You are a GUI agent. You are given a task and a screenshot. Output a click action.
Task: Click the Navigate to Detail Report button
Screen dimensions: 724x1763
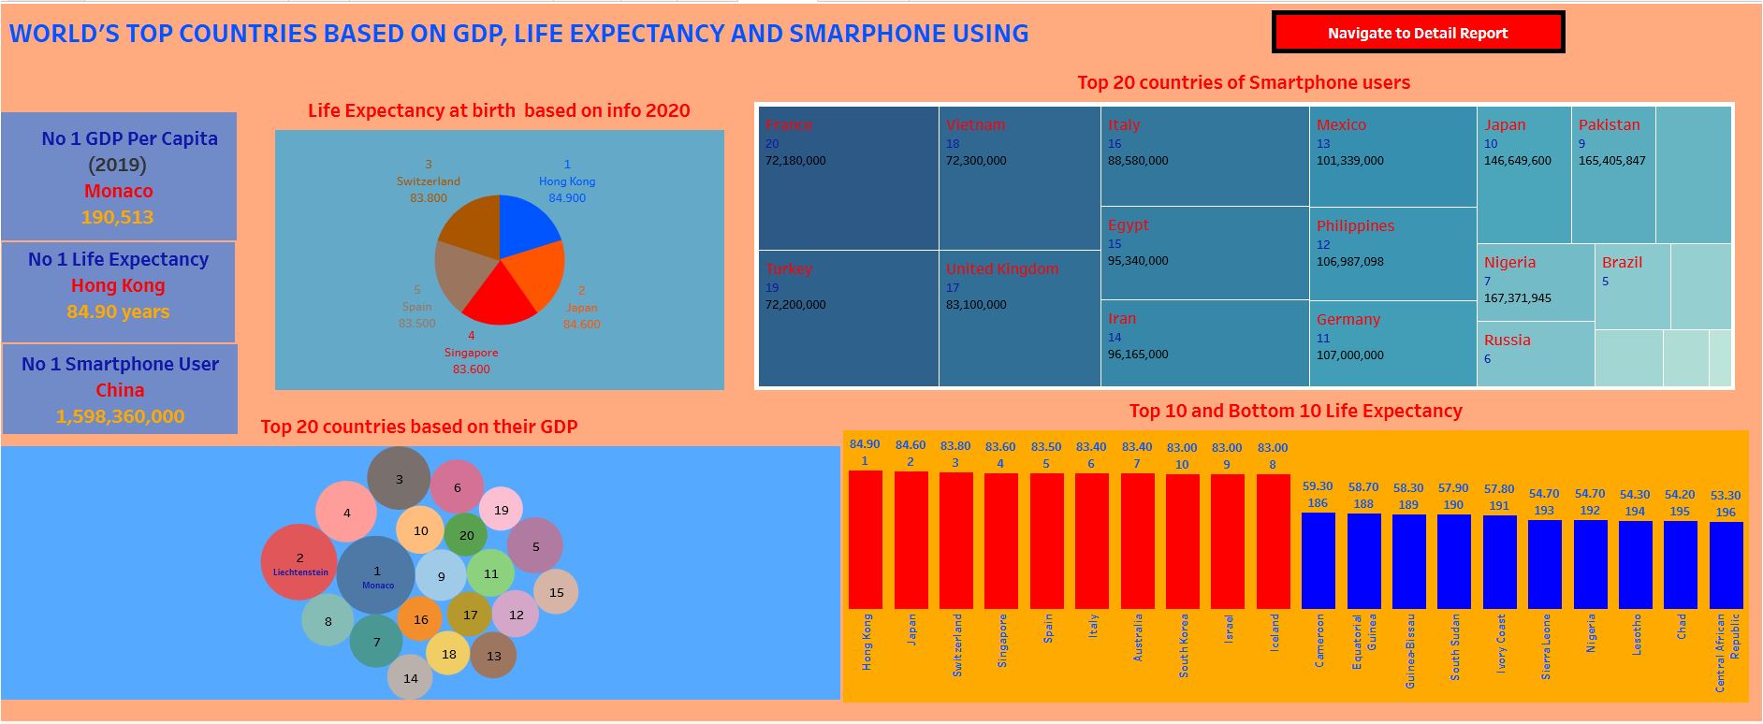1418,33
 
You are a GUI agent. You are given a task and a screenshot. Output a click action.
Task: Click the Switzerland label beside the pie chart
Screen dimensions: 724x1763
429,181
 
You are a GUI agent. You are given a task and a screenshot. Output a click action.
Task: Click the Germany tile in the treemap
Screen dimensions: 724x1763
1392,342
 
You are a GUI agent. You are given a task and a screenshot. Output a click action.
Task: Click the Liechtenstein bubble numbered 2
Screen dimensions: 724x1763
299,562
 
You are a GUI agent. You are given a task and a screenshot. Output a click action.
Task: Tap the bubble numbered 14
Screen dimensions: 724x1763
410,678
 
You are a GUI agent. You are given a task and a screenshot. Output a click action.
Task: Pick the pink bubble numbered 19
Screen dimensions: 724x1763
502,510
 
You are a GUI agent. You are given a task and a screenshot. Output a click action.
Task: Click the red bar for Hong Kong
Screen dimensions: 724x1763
865,540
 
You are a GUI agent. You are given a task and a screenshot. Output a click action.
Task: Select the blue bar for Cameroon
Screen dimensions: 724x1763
1318,560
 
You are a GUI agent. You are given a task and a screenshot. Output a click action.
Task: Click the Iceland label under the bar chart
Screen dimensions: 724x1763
1274,631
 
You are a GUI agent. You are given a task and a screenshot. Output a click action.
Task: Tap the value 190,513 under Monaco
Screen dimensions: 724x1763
117,217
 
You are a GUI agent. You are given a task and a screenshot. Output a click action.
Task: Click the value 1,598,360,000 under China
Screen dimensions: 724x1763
120,416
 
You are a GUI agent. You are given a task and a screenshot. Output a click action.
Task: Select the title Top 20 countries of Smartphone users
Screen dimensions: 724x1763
1243,82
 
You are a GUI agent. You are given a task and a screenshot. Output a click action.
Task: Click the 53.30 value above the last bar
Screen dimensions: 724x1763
1726,496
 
